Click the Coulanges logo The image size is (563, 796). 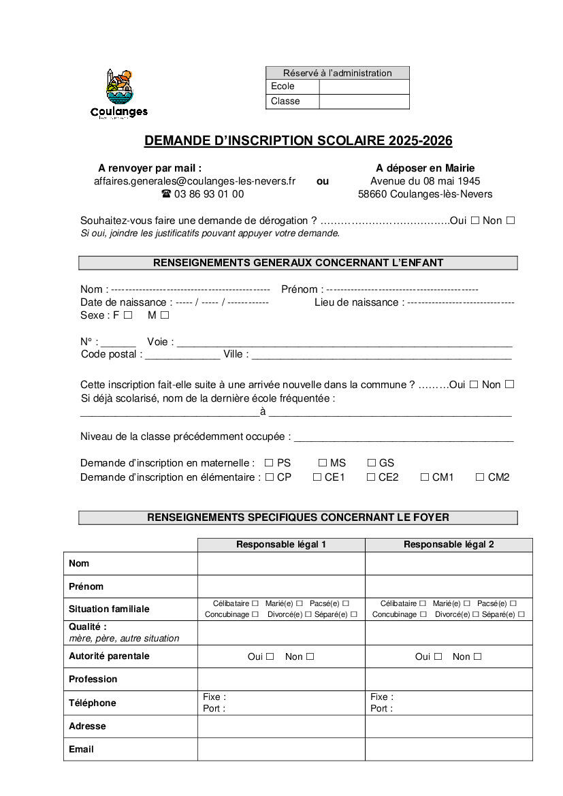pos(118,94)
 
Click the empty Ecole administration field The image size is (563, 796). pos(364,86)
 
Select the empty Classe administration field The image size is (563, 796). pos(364,101)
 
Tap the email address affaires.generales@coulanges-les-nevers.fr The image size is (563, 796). pos(195,181)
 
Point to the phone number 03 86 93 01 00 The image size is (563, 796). pos(208,194)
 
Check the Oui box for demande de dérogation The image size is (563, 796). pos(475,220)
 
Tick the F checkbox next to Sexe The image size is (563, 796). pos(128,315)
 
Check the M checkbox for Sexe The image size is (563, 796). pos(165,315)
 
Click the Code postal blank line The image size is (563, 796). pos(182,355)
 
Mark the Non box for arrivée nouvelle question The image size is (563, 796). pos(509,384)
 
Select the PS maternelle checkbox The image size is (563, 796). pos(269,463)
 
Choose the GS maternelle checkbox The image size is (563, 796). pos(372,463)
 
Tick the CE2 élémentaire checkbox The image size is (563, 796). pos(371,477)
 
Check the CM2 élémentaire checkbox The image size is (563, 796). pos(480,477)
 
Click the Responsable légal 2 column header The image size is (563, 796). pos(449,545)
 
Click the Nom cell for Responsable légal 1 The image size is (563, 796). pos(281,564)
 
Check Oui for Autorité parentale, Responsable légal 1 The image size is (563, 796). pos(270,656)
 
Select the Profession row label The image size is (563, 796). pos(93,679)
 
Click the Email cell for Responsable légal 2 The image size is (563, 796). pos(449,749)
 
